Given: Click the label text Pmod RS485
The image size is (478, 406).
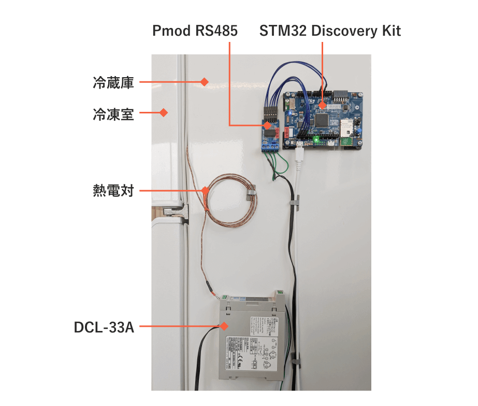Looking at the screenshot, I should (195, 31).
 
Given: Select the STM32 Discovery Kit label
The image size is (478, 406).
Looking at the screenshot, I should (330, 31).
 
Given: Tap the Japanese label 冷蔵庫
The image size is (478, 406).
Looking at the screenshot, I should (113, 82).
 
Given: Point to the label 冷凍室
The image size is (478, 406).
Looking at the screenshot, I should (113, 113).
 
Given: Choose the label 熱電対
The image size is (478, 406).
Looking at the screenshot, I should (113, 191).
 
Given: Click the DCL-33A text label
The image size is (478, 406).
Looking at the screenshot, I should (104, 327).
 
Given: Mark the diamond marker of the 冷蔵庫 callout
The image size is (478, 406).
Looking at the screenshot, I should (204, 82).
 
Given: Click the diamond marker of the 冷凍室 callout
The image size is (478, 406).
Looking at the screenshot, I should (164, 112).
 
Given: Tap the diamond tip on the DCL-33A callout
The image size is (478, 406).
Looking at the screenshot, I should (224, 326).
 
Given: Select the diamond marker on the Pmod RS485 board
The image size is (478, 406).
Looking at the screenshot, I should (268, 125).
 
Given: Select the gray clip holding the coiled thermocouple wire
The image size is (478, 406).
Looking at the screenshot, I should (250, 193).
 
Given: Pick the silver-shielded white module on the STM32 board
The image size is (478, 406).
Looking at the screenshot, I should (346, 126).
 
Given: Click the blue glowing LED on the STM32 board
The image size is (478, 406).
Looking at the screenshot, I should (295, 112).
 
